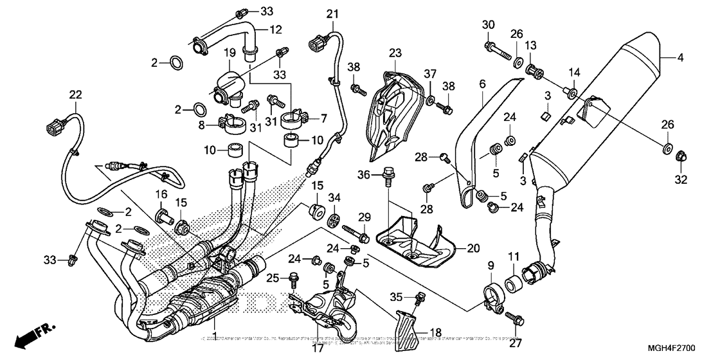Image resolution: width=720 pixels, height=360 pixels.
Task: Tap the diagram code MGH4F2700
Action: point(685,347)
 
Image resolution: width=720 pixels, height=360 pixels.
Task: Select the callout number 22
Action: point(76,95)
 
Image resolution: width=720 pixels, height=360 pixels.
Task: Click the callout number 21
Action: point(331,14)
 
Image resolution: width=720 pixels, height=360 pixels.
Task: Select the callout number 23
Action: point(394,53)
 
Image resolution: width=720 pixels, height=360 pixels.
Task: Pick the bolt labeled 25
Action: point(295,279)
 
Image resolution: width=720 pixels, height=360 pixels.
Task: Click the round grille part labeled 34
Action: point(334,219)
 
